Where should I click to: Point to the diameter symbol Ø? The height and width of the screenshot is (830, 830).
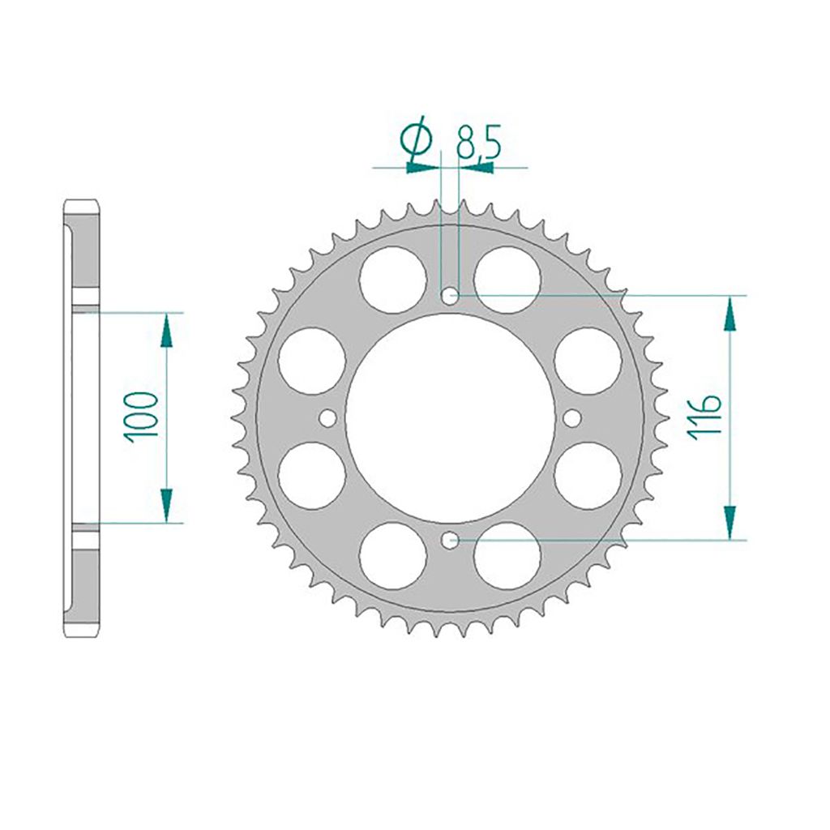(417, 138)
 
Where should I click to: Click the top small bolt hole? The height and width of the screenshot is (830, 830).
(450, 297)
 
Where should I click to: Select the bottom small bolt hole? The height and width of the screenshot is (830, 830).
(450, 541)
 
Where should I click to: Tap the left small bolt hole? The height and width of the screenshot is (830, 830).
(327, 418)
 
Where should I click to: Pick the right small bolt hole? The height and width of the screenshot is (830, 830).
(571, 418)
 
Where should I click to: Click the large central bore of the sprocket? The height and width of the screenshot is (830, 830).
(450, 418)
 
